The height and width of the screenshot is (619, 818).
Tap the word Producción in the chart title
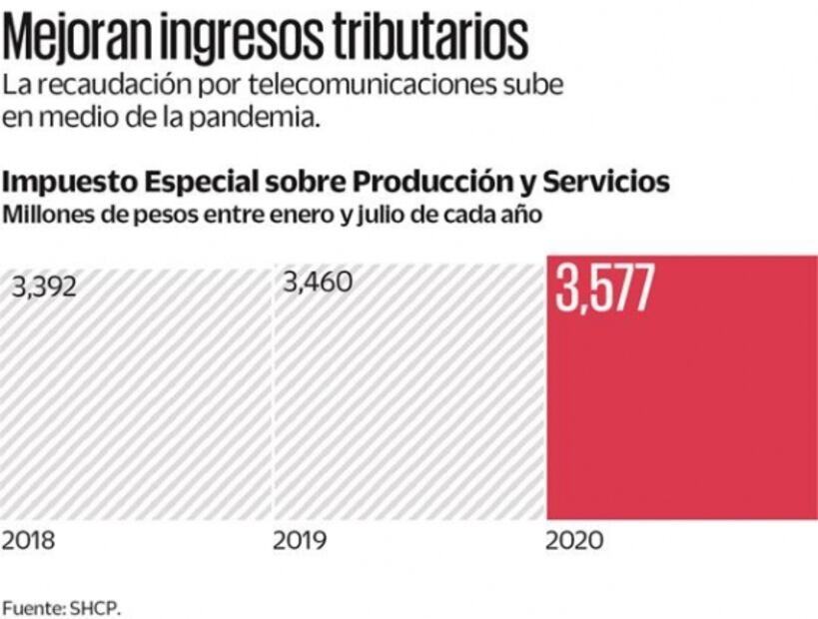(x=430, y=183)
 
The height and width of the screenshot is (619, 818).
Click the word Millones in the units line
(x=42, y=214)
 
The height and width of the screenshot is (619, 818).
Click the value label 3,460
(x=318, y=283)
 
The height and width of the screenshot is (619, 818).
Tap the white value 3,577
(x=604, y=289)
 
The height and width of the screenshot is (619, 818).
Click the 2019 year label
(x=301, y=542)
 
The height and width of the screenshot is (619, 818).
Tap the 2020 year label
(x=574, y=542)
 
